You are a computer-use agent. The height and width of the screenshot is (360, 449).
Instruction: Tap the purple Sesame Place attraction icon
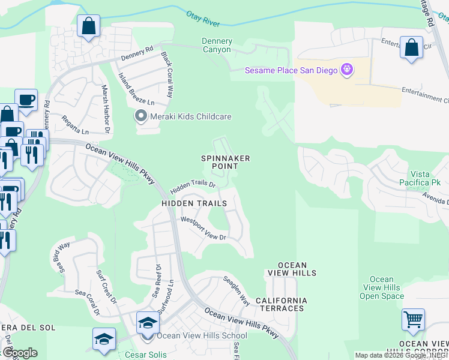(346, 71)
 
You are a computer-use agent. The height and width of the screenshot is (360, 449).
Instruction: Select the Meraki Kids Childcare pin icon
(141, 116)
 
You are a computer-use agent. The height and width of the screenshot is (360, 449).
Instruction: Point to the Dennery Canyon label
(216, 45)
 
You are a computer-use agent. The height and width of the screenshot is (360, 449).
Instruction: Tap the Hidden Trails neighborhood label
(194, 203)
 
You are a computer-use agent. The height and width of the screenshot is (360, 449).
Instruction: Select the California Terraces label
(281, 304)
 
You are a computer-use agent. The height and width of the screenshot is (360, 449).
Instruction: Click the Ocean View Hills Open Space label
(382, 287)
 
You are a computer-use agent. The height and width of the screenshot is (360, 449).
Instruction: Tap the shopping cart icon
(413, 320)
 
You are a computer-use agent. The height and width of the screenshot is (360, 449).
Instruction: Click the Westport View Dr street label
(203, 229)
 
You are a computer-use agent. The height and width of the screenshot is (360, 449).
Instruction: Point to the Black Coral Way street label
(167, 74)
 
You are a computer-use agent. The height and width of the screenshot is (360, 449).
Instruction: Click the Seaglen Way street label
(236, 290)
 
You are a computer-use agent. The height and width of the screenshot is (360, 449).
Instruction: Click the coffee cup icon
(26, 100)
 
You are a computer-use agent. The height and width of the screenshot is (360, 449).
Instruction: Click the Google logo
(19, 353)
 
